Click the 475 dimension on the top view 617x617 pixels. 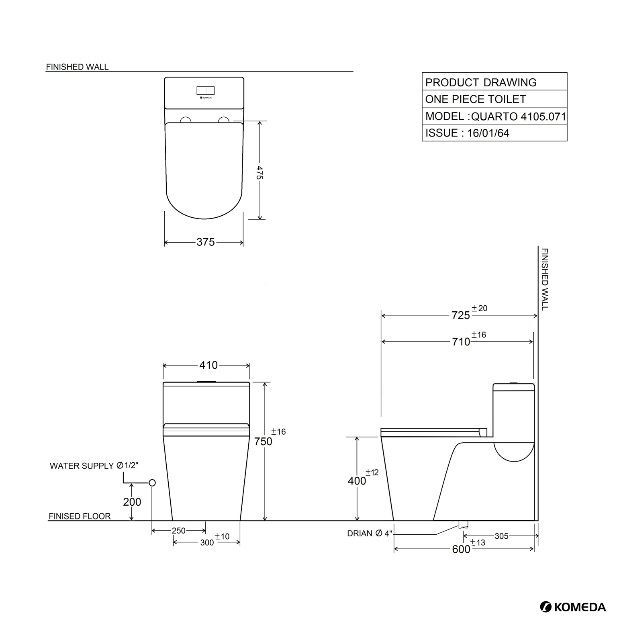[260, 173]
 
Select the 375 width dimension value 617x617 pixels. [206, 242]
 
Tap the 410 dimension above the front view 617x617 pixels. [208, 365]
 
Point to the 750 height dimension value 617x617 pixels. [263, 441]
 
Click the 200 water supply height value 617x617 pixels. [132, 502]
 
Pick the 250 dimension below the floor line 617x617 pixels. [179, 531]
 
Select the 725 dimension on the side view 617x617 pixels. [461, 316]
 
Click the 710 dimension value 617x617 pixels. [461, 342]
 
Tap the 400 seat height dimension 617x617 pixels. [357, 481]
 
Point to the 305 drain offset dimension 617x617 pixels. [501, 536]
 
